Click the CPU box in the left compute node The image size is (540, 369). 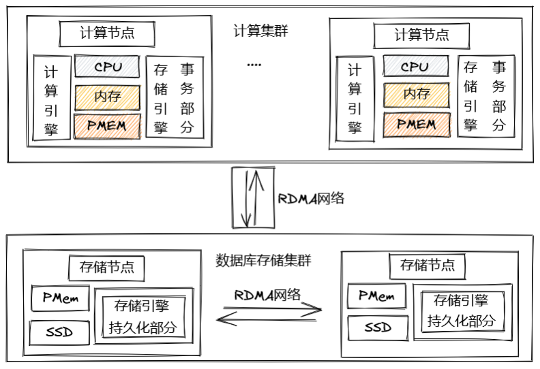pos(107,67)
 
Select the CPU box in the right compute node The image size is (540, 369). pos(415,67)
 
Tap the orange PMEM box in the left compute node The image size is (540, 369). pos(107,126)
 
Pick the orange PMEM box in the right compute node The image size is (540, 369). pos(415,125)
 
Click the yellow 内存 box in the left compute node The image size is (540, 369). pos(107,97)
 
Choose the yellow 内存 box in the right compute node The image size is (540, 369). pos(415,95)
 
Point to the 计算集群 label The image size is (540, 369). pos(260,31)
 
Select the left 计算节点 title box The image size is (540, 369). pos(107,33)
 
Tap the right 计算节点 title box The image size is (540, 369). pos(421,34)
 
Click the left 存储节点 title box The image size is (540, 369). pos(106,267)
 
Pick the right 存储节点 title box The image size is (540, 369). pos(427,265)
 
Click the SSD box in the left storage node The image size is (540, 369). pos(59,332)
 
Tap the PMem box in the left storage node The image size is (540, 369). pos(61,298)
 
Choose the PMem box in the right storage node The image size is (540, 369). pos(376,296)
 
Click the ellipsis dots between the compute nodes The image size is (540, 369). pos(254,65)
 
